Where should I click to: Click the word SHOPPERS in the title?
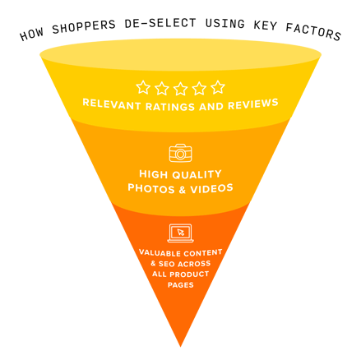pyautogui.click(x=84, y=26)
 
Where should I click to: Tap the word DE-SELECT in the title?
pyautogui.click(x=160, y=23)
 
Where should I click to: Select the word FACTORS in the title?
pyautogui.click(x=313, y=31)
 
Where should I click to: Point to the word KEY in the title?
pyautogui.click(x=266, y=25)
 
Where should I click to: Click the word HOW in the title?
pyautogui.click(x=31, y=35)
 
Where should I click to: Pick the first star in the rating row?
pyautogui.click(x=143, y=87)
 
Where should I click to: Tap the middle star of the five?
pyautogui.click(x=180, y=89)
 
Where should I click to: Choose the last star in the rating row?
pyautogui.click(x=218, y=87)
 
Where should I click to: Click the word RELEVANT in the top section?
pyautogui.click(x=112, y=104)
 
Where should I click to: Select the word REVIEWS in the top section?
pyautogui.click(x=253, y=104)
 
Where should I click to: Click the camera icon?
pyautogui.click(x=180, y=153)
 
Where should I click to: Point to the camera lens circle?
pyautogui.click(x=180, y=155)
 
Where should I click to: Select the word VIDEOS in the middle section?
pyautogui.click(x=211, y=188)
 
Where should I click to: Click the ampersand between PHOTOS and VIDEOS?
pyautogui.click(x=183, y=190)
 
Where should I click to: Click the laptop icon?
pyautogui.click(x=180, y=233)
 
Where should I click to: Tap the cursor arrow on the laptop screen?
pyautogui.click(x=181, y=233)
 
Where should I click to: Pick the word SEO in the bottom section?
pyautogui.click(x=166, y=264)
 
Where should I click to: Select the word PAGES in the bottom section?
pyautogui.click(x=181, y=285)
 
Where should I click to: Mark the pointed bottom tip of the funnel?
pyautogui.click(x=180, y=347)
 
